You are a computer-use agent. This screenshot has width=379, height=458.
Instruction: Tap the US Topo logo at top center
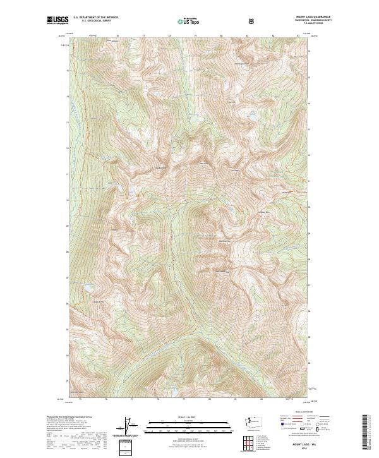coord(189,21)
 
